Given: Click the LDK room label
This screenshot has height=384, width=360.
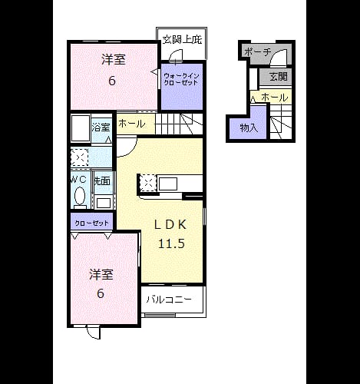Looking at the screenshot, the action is point(170,224).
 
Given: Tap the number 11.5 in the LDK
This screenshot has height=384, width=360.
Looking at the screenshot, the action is point(171,243).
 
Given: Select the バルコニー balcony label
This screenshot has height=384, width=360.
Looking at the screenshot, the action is point(169,300).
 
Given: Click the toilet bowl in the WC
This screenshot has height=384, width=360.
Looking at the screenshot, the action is point(80,196).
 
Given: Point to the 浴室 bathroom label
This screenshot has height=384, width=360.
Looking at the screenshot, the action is point(101,127).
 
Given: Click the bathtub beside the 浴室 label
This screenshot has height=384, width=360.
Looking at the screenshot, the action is point(81,128).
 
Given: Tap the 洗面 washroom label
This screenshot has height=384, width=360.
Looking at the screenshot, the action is point(102,181).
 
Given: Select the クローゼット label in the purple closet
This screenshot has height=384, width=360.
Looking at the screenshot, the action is point(91,223).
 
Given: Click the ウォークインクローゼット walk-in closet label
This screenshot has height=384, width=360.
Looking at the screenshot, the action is point(181,79).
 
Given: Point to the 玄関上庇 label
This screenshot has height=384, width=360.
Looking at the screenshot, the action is point(183,40).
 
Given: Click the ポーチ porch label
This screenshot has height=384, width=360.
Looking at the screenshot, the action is point(257,52).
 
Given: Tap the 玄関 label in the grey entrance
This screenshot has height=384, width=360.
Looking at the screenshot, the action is point(279,77).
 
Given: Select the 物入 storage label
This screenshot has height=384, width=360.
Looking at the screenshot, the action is point(249,127).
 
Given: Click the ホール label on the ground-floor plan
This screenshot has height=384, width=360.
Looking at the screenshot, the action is point(275,98).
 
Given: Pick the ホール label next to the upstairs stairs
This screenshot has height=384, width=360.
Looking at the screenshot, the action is point(132,124).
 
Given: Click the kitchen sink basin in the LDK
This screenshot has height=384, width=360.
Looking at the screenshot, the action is point(168,184).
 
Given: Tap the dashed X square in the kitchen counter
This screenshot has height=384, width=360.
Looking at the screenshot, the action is point(147,183).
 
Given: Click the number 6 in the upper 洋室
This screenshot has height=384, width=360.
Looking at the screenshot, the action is point(112,81).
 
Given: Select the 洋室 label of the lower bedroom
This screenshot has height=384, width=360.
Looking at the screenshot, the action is point(101,275).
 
